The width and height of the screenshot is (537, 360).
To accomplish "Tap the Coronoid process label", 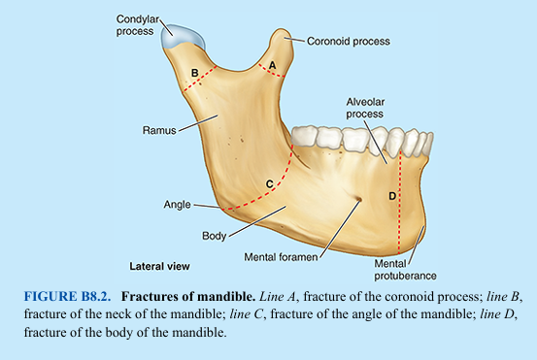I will click(348, 42).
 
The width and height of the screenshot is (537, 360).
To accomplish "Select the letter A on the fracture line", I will click(273, 64).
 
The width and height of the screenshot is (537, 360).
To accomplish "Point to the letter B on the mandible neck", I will click(195, 73).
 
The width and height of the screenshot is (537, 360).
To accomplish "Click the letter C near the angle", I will click(269, 182).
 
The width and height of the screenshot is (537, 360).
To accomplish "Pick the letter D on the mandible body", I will click(392, 196).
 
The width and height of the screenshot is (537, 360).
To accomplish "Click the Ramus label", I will click(158, 128).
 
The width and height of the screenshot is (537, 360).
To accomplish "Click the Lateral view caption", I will click(160, 265).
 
